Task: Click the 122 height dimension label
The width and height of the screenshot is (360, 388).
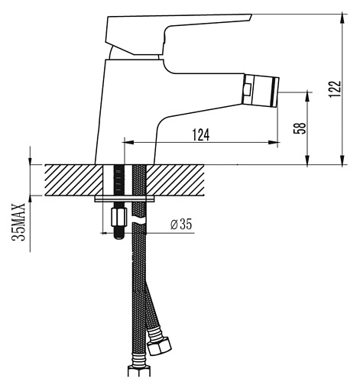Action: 335,89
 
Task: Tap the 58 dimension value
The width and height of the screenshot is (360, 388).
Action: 300,128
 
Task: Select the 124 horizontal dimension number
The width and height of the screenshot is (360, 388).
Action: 201,134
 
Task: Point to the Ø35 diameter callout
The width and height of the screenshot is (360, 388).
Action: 181,225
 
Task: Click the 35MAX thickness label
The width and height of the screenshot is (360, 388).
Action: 18,222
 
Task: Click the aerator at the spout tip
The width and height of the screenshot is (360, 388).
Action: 261,90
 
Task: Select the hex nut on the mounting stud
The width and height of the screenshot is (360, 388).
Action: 119,216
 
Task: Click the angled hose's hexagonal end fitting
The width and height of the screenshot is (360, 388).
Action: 160,346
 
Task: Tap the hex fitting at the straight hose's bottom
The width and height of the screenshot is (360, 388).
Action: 139,371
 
